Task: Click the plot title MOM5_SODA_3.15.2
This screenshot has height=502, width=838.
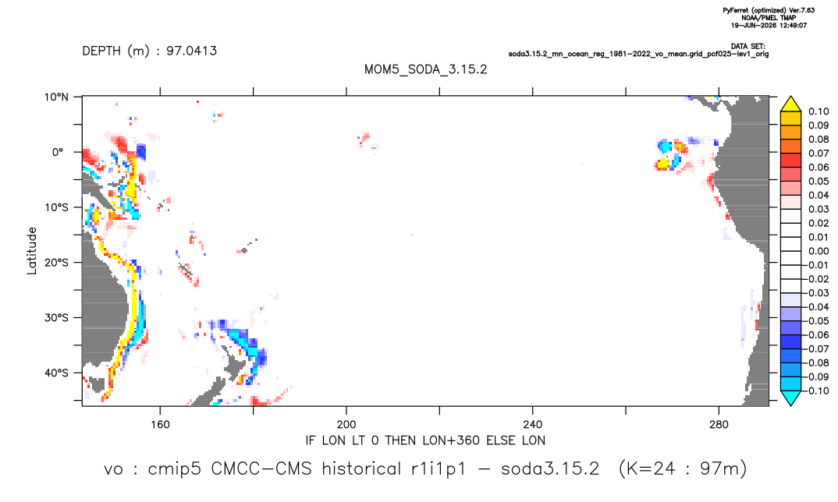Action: pyautogui.click(x=425, y=70)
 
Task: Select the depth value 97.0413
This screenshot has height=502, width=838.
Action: pyautogui.click(x=191, y=51)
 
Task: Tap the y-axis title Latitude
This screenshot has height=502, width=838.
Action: pyautogui.click(x=32, y=251)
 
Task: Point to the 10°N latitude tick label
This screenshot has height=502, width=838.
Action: pyautogui.click(x=56, y=97)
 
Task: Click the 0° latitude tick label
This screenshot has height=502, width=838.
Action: pyautogui.click(x=58, y=152)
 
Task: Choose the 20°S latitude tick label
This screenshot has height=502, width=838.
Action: pyautogui.click(x=56, y=263)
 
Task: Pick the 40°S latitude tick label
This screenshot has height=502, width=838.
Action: pyautogui.click(x=56, y=373)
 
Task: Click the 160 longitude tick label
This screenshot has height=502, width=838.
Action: pyautogui.click(x=160, y=425)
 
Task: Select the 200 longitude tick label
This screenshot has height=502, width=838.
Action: pyautogui.click(x=346, y=425)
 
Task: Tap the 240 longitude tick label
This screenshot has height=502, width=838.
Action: pyautogui.click(x=533, y=425)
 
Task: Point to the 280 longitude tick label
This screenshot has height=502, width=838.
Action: pyautogui.click(x=719, y=425)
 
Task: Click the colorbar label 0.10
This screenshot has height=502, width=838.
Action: pyautogui.click(x=818, y=111)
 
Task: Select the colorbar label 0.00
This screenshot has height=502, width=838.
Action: pyautogui.click(x=818, y=251)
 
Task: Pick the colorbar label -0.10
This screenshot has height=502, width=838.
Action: pyautogui.click(x=816, y=391)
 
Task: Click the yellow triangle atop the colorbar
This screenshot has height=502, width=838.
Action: pyautogui.click(x=790, y=104)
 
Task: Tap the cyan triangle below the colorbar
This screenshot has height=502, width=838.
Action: pyautogui.click(x=790, y=398)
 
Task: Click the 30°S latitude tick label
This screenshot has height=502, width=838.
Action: pyautogui.click(x=56, y=318)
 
